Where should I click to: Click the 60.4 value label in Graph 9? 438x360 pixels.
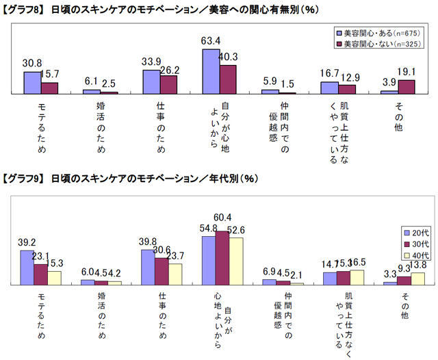tap(223, 217)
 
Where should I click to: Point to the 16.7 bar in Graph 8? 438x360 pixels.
tap(329, 87)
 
